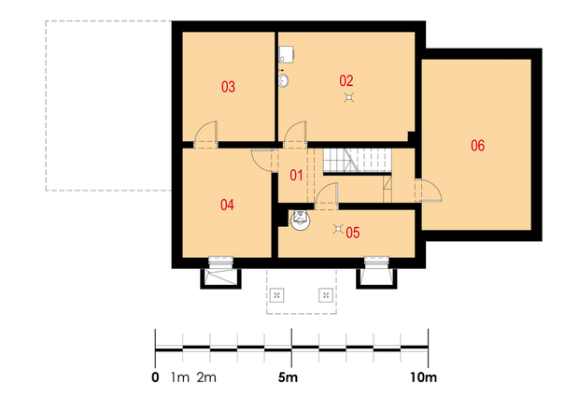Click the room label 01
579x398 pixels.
click(296, 175)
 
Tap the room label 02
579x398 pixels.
click(346, 80)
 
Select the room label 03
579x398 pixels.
click(228, 87)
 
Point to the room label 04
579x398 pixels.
click(227, 205)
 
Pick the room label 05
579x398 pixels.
click(353, 233)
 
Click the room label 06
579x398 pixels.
click(477, 146)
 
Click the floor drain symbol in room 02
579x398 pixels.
click(349, 97)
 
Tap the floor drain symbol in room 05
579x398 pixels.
click(338, 229)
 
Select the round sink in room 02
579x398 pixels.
click(283, 80)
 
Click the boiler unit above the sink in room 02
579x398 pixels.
click(286, 54)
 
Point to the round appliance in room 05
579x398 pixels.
click(300, 220)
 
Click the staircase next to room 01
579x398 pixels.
click(358, 161)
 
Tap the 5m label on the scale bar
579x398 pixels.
click(288, 377)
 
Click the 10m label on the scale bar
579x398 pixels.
click(424, 377)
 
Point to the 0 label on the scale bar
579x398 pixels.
click(155, 377)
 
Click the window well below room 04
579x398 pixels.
click(220, 278)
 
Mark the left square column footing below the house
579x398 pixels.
click(277, 295)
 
